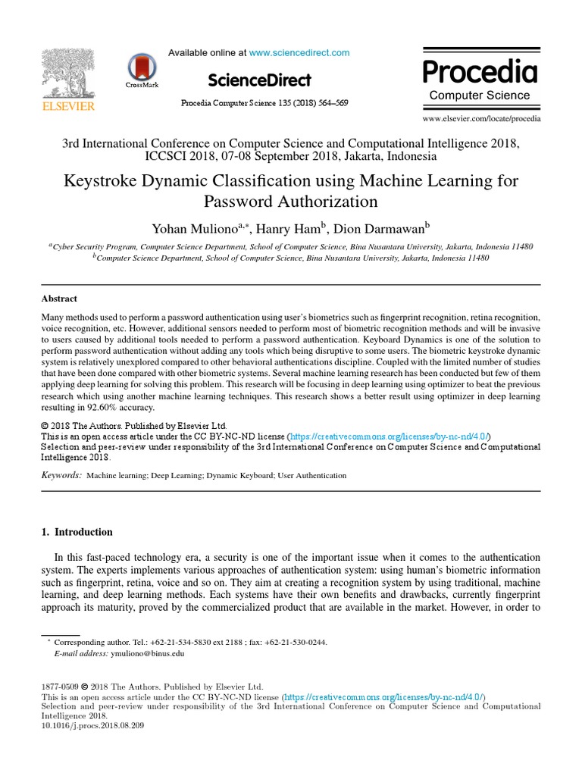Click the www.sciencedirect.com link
click(299, 53)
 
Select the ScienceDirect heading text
click(258, 80)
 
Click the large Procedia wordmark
click(479, 72)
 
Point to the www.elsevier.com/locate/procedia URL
click(481, 119)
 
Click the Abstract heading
click(59, 299)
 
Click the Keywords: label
click(61, 475)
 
